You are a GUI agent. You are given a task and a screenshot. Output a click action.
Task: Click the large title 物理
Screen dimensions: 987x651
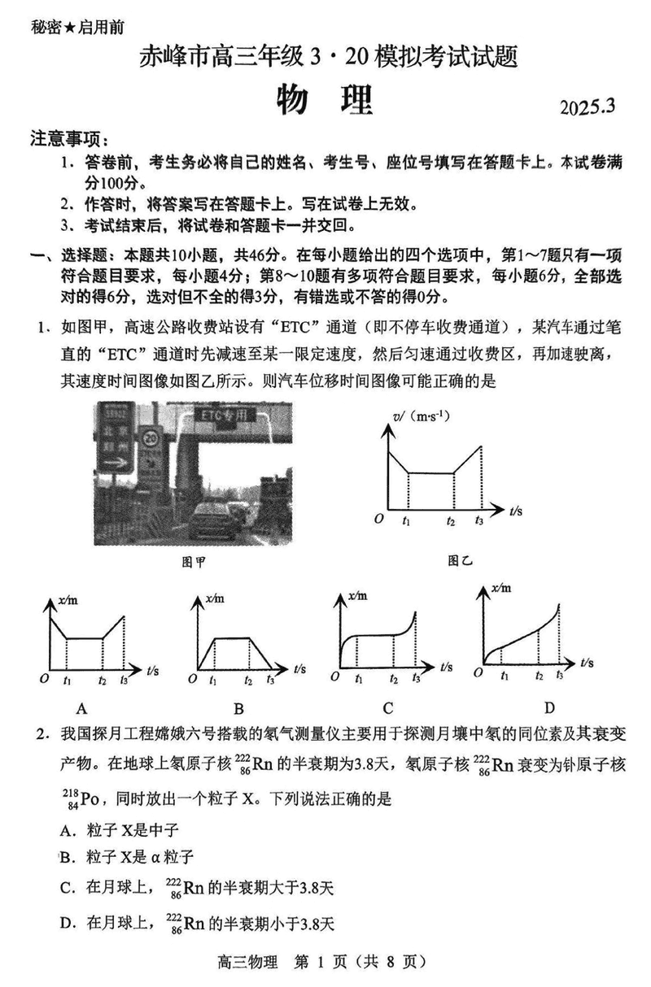324,99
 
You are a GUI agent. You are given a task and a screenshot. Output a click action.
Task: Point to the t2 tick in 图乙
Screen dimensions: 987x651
451,521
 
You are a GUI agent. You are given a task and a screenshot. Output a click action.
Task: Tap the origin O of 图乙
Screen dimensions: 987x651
378,518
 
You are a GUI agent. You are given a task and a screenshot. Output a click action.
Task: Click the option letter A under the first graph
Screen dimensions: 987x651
81,707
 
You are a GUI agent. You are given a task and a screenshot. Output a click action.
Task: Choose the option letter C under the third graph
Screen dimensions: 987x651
388,707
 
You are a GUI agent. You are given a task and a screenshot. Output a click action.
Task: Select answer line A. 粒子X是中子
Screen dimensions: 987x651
119,830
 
